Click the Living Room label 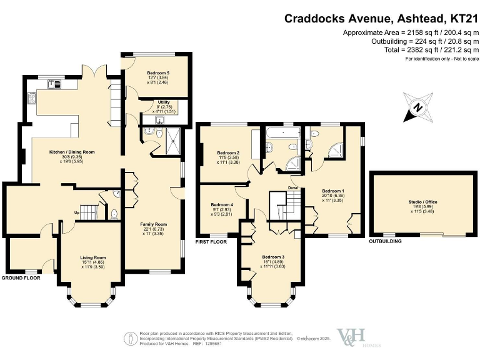coord(92,257)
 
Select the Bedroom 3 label coord(272,257)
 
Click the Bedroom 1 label coord(332,191)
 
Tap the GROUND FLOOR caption coord(21,277)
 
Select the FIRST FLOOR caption coord(211,241)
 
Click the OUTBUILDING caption coord(386,241)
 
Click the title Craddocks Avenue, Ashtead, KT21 coord(381,19)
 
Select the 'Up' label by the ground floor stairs coord(76,212)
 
